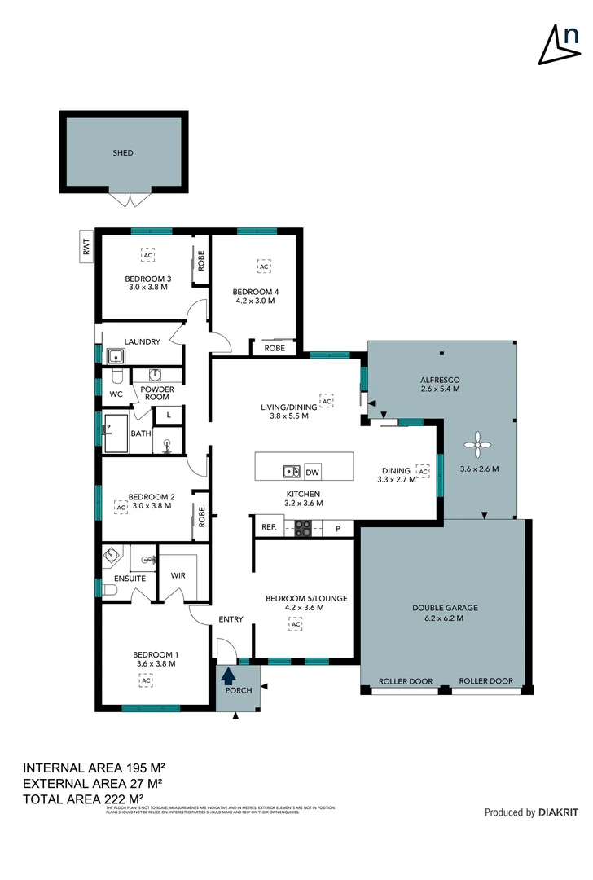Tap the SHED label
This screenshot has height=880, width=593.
(x=123, y=152)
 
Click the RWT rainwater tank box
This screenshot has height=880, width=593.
(x=86, y=246)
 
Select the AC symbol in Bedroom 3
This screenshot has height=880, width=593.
(x=147, y=255)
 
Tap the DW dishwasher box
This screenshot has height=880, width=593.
(x=312, y=472)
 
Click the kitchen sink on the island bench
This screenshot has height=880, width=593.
(x=290, y=471)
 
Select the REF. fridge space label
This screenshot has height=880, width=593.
(x=268, y=527)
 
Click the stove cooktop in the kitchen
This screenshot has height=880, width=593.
(x=303, y=528)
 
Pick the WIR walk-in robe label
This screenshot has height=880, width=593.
(x=178, y=575)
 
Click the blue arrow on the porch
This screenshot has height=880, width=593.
(x=229, y=675)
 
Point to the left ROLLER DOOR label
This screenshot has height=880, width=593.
(x=406, y=681)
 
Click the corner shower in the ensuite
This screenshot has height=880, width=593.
(x=112, y=557)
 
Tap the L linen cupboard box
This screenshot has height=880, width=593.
(x=168, y=415)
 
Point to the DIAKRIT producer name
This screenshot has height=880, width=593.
(x=559, y=812)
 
